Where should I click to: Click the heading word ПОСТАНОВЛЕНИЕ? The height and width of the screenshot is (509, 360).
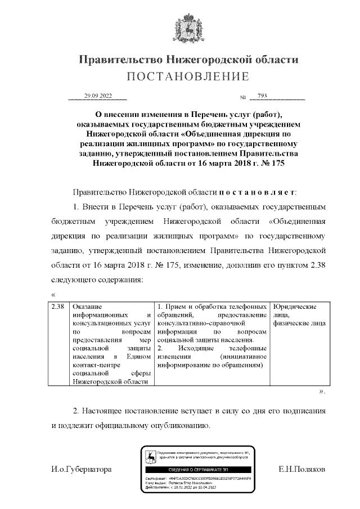188,76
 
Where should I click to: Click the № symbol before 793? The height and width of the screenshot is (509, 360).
244,98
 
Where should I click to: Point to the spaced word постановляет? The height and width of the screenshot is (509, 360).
259,192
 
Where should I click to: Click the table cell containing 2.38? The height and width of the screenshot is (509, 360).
58,307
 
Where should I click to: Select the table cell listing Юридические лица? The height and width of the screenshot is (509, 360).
299,315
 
